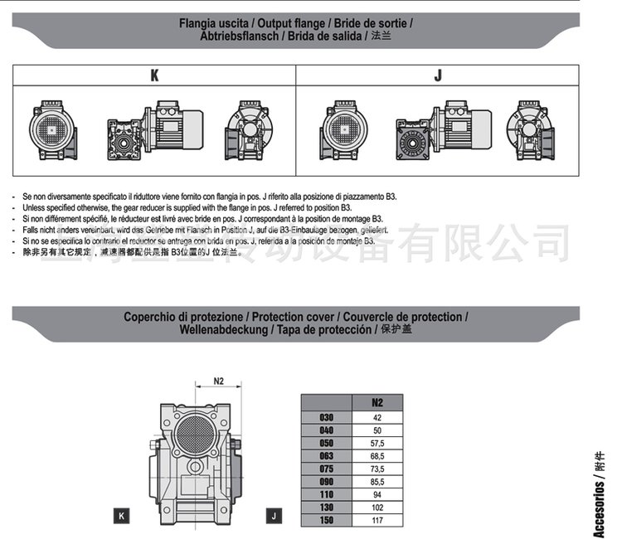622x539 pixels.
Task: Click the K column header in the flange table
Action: pos(154,75)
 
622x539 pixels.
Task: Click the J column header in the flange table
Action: pos(438,75)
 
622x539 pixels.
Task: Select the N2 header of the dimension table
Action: pos(377,402)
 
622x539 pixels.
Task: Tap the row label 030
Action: pos(326,418)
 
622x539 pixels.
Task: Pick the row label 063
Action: pos(326,457)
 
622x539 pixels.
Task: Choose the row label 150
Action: pos(326,521)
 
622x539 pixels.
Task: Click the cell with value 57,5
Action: pos(377,444)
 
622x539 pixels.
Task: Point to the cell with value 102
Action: pos(377,507)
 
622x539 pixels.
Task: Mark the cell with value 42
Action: pos(377,418)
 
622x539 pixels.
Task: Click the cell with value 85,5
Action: pos(377,482)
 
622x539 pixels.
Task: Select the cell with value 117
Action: pos(377,521)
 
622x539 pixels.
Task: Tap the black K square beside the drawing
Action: pos(122,516)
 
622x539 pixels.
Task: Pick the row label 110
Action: pos(326,495)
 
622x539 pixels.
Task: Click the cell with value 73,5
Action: pos(377,469)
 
